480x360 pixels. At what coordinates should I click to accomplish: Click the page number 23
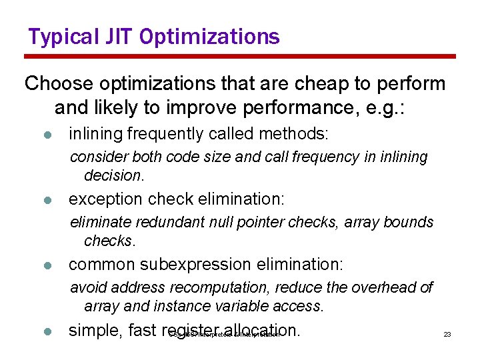(447, 334)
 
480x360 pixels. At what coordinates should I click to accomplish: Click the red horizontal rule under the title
(240, 57)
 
